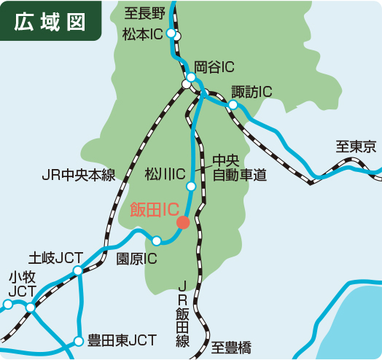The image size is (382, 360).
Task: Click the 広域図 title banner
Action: (x=50, y=21)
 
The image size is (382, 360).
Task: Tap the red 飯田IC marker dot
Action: (x=183, y=222)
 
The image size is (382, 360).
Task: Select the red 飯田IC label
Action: (x=154, y=210)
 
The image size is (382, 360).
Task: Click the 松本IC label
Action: (x=143, y=34)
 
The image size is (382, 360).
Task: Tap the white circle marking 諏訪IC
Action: (x=233, y=105)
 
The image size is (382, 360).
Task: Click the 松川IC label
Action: (x=165, y=173)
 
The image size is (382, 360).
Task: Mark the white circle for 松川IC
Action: (x=191, y=187)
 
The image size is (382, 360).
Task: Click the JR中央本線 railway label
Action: (x=79, y=175)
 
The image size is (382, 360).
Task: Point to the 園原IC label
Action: (x=137, y=259)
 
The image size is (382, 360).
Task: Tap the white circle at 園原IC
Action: (x=156, y=240)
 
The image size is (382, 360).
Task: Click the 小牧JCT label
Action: (x=21, y=284)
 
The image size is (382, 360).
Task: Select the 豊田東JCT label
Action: (x=122, y=340)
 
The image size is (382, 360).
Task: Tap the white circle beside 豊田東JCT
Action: (x=79, y=340)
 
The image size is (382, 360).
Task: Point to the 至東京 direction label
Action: (x=356, y=146)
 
